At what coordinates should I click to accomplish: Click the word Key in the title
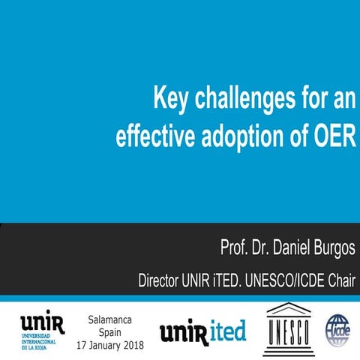pyautogui.click(x=170, y=98)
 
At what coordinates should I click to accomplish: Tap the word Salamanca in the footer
pyautogui.click(x=111, y=319)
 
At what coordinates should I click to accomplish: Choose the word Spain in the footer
pyautogui.click(x=111, y=332)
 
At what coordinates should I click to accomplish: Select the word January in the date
pyautogui.click(x=104, y=346)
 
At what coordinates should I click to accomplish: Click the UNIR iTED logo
pyautogui.click(x=202, y=330)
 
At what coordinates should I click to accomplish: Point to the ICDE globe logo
pyautogui.click(x=339, y=328)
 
